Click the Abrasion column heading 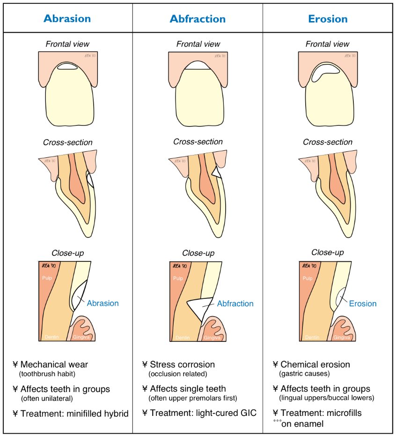(x=67, y=19)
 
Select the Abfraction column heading (x=198, y=19)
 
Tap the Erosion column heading (x=328, y=19)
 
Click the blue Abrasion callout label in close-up (x=103, y=303)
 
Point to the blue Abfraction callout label (x=235, y=304)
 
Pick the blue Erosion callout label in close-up (x=363, y=304)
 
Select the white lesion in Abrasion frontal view (x=66, y=67)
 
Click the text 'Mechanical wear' (x=54, y=364)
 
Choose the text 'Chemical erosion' (x=315, y=364)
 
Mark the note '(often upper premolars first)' (x=192, y=399)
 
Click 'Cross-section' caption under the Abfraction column (x=198, y=141)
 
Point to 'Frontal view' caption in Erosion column (x=328, y=44)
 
